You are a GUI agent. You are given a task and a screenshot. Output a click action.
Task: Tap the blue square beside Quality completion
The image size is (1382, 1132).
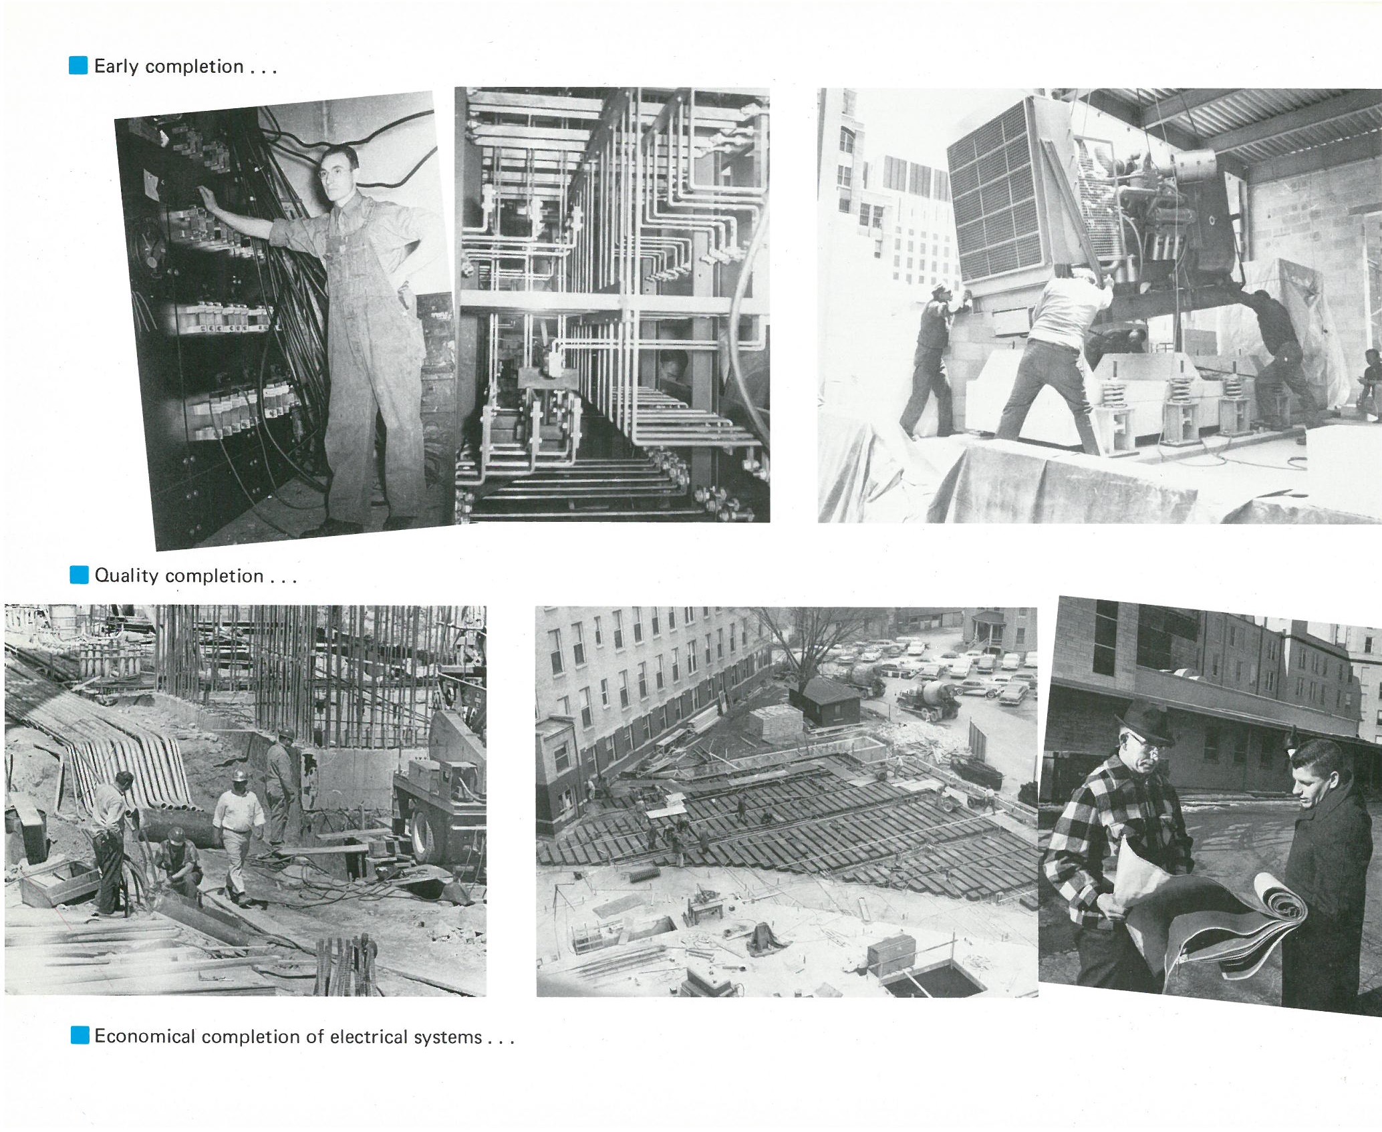tap(79, 575)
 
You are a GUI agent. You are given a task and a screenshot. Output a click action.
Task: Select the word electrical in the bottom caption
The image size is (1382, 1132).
tap(369, 1036)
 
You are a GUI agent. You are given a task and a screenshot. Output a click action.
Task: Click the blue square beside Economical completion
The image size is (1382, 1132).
tap(79, 1036)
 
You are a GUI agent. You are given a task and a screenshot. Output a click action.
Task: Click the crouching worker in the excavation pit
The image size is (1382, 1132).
tap(179, 863)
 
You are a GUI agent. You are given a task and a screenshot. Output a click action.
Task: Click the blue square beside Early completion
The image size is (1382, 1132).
tap(78, 65)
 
